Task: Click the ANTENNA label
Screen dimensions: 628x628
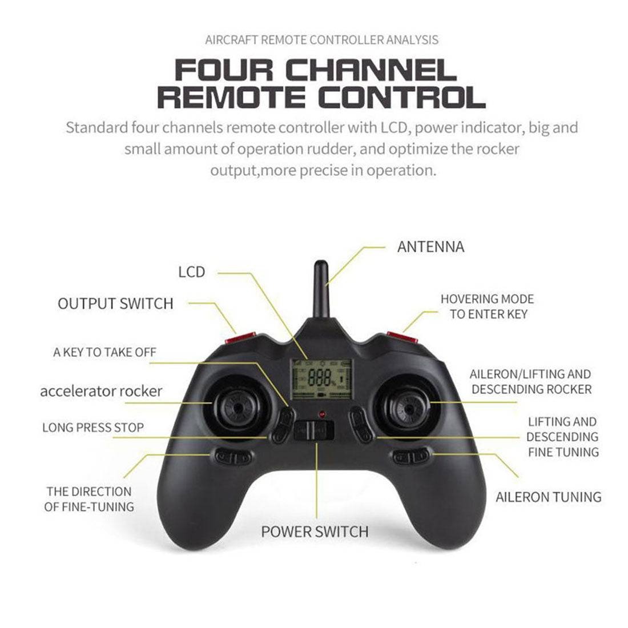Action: [430, 247]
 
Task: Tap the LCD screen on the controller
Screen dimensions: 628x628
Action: [321, 379]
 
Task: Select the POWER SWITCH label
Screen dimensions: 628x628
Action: [315, 532]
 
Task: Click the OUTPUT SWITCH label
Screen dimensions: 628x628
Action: [115, 304]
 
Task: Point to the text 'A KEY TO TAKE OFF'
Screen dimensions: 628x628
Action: [104, 352]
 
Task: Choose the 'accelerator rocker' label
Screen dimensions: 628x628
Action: [101, 391]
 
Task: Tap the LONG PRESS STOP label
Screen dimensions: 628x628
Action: [93, 428]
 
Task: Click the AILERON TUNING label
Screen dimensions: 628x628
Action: [549, 497]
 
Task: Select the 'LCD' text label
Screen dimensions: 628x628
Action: [191, 272]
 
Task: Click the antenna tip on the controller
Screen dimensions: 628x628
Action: [321, 263]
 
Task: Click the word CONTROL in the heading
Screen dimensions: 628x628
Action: [402, 97]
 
